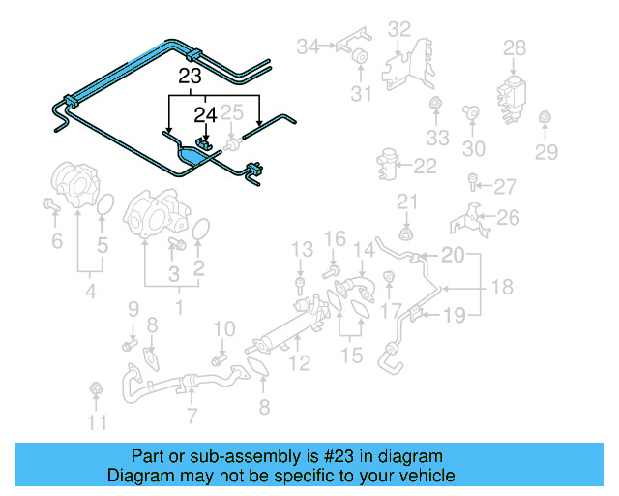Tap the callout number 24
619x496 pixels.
pyautogui.click(x=204, y=114)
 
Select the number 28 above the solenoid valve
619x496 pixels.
pyautogui.click(x=515, y=47)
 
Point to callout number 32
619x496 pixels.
pyautogui.click(x=399, y=29)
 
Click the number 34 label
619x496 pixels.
pyautogui.click(x=308, y=46)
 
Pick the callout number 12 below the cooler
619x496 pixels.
pyautogui.click(x=300, y=363)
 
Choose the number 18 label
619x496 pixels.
pyautogui.click(x=501, y=288)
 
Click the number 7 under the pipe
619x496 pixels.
pyautogui.click(x=192, y=417)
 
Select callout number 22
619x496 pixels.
pyautogui.click(x=426, y=167)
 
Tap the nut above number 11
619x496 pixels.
pyautogui.click(x=95, y=389)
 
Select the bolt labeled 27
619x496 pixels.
pyautogui.click(x=473, y=181)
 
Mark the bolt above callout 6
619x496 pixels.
pyautogui.click(x=48, y=204)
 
